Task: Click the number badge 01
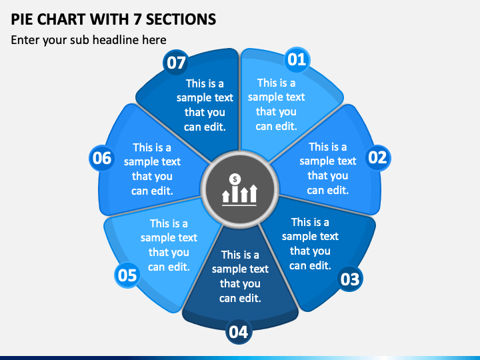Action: click(x=297, y=59)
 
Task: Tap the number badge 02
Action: click(x=378, y=157)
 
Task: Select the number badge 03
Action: click(x=350, y=279)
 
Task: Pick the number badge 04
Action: click(x=239, y=331)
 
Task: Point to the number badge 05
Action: click(x=127, y=275)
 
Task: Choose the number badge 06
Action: click(x=102, y=158)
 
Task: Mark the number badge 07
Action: click(x=176, y=62)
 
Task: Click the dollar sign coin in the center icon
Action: click(x=235, y=179)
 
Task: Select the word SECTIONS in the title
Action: click(x=181, y=19)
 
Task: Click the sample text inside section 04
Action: click(x=240, y=277)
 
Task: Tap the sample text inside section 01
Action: click(x=276, y=105)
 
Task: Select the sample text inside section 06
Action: click(x=152, y=169)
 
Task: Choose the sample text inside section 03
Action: click(x=310, y=244)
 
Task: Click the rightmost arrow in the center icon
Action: click(x=253, y=193)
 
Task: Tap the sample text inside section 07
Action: click(x=205, y=105)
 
